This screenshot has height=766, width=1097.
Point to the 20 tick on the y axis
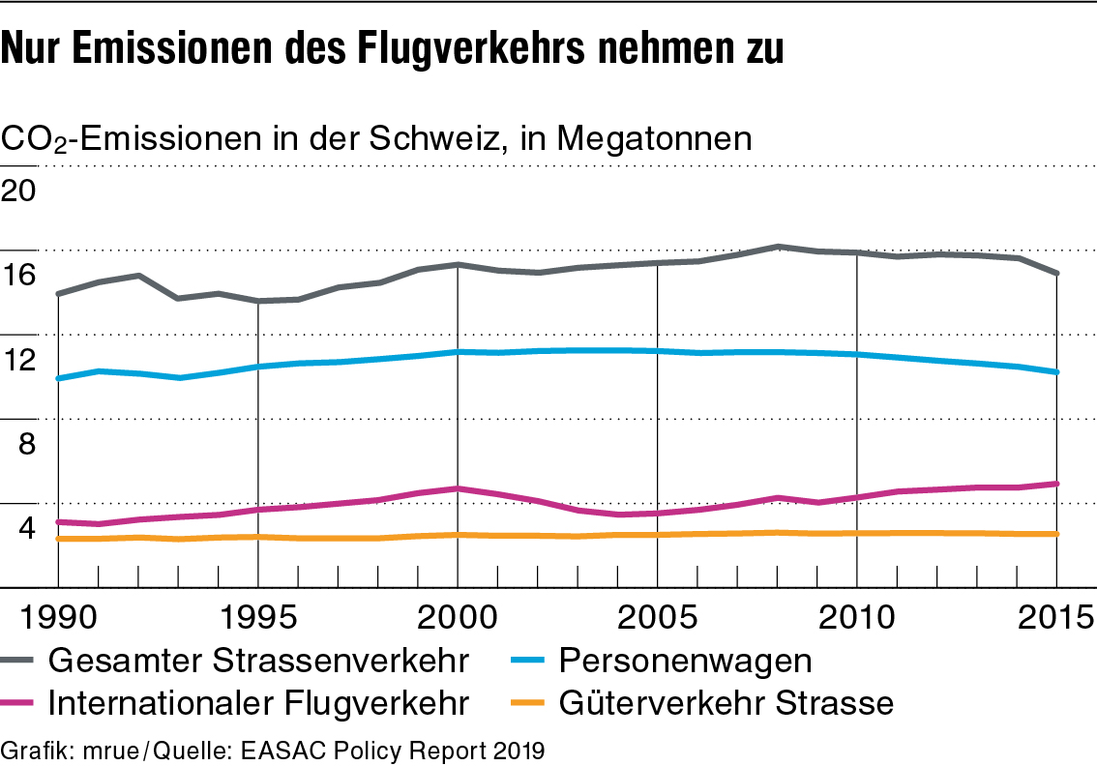[19, 190]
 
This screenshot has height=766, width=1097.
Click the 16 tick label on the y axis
[19, 275]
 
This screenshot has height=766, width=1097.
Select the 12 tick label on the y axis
[19, 360]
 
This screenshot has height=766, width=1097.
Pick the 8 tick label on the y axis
[26, 444]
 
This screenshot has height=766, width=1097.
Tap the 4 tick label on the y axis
[26, 529]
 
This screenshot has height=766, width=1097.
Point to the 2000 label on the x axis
[457, 616]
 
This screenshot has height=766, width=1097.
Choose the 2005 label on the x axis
[658, 616]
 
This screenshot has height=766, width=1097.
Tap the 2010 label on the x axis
[857, 616]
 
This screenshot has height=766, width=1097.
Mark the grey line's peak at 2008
[778, 247]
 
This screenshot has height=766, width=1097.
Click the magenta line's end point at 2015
[1056, 484]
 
